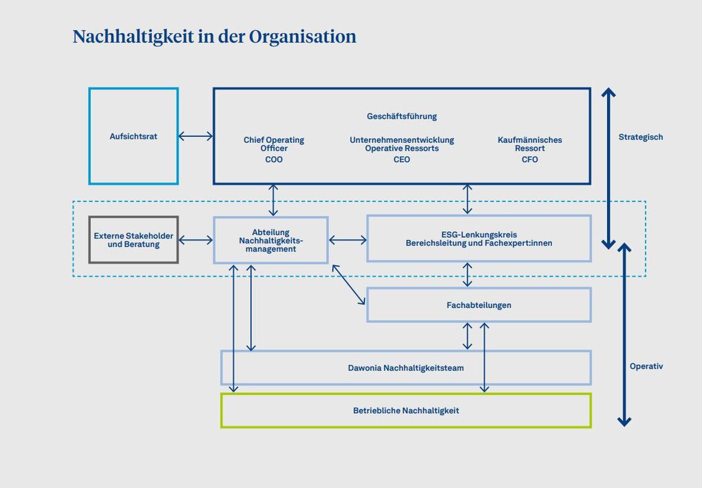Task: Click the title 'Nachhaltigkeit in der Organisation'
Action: pos(214,36)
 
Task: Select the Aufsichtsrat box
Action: pos(134,136)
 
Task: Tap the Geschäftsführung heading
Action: pos(401,116)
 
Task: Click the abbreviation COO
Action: pos(273,159)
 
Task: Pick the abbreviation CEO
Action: pos(401,159)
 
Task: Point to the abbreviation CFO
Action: pos(529,159)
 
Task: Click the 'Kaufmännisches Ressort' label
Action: pos(529,144)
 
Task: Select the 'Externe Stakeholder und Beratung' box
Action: pos(134,240)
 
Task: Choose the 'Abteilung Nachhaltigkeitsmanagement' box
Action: pos(270,240)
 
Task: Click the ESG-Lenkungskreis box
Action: pos(478,239)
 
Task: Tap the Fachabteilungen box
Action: pos(478,304)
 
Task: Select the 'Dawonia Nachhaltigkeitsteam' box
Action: pos(405,368)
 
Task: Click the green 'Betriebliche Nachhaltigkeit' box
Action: pos(405,410)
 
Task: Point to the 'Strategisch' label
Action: pos(640,137)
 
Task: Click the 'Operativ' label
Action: pos(646,366)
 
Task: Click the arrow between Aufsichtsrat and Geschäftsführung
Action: pos(195,136)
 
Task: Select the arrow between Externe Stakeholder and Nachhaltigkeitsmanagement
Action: pos(195,240)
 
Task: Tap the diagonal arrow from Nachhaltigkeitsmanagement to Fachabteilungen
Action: pos(348,284)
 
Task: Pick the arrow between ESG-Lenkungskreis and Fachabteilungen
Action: pos(468,274)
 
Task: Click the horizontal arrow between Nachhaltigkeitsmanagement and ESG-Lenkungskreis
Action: pos(348,240)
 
